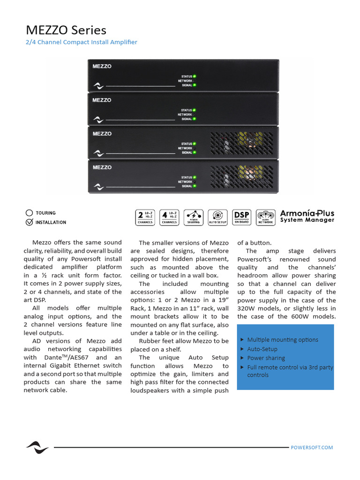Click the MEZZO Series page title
(x=66, y=30)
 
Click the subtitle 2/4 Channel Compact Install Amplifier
(x=81, y=42)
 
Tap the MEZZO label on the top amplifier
(x=102, y=66)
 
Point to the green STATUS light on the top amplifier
(x=195, y=76)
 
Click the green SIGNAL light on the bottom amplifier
(x=195, y=186)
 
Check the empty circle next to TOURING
(x=30, y=213)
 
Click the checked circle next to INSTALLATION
(x=30, y=222)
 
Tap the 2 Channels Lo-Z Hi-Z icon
(x=145, y=217)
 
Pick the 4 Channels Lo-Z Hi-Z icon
(x=169, y=217)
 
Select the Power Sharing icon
(x=193, y=217)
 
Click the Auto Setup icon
(x=217, y=217)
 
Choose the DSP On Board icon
(x=241, y=217)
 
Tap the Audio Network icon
(x=265, y=217)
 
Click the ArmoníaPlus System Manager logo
(x=307, y=216)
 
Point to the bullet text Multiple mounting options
(x=282, y=340)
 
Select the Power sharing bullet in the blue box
(x=266, y=358)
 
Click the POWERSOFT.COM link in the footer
(x=312, y=448)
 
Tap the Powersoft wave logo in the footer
(x=37, y=447)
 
